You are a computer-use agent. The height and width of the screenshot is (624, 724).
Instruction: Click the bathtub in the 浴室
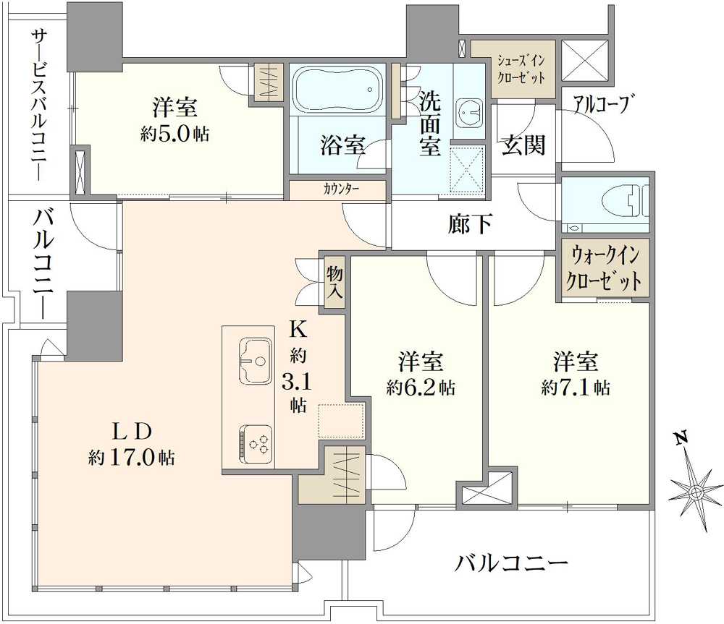click(339, 90)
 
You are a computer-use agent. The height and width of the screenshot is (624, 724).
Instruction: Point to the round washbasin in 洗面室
click(468, 112)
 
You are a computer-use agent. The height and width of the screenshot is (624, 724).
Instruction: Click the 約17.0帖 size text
click(131, 457)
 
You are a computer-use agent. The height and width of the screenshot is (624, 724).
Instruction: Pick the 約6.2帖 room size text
click(420, 388)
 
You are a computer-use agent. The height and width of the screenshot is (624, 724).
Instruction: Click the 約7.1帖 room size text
click(575, 388)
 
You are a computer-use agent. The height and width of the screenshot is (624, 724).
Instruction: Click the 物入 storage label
click(334, 283)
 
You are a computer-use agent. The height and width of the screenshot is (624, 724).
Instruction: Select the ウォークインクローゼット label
click(606, 268)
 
